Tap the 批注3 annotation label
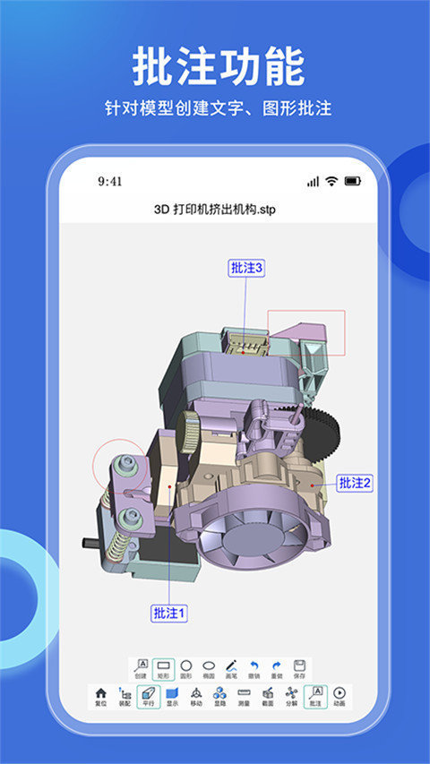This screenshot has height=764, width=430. (x=246, y=267)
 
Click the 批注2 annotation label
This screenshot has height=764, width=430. (x=355, y=483)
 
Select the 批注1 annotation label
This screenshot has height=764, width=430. (x=168, y=614)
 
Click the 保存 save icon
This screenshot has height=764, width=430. (x=299, y=668)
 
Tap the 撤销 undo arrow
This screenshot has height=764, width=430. (x=254, y=668)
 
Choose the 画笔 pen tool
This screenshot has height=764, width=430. (x=231, y=668)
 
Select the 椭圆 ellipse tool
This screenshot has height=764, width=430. (x=209, y=668)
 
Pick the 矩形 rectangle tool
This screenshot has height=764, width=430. (x=163, y=668)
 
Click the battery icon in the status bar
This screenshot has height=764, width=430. (x=353, y=181)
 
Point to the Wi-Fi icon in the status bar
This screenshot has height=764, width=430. (x=331, y=181)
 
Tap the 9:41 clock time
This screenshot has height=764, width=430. (x=110, y=181)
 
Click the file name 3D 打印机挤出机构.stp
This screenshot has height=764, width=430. (x=214, y=210)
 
